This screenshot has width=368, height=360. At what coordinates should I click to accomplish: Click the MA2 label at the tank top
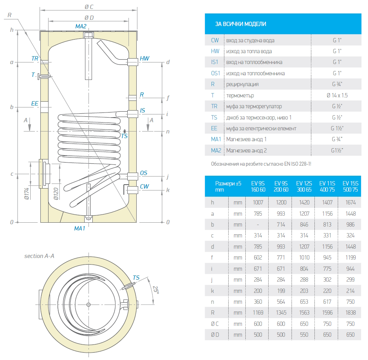pos(81,26)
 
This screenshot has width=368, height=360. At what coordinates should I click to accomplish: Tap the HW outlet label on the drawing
pos(144,59)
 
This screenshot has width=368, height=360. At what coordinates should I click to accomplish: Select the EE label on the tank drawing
pos(35,104)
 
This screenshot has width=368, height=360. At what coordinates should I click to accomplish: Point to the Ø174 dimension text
pos(27,192)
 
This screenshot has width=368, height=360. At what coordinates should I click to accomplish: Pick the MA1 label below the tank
pos(80,228)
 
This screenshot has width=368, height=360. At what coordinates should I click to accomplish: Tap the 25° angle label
pos(156,290)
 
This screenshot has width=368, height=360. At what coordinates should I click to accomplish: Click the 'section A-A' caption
pos(39,256)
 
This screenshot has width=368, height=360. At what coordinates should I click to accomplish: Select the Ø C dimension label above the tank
pos(89,7)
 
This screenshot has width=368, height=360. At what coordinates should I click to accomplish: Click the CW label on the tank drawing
pos(144,187)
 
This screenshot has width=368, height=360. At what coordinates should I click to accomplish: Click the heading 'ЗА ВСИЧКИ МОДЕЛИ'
pos(241,24)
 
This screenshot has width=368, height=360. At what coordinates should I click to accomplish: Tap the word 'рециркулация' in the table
pos(242,84)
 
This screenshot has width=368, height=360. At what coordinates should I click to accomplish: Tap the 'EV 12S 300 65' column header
pos(304,186)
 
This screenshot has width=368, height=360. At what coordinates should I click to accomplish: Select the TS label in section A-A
pos(136,278)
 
